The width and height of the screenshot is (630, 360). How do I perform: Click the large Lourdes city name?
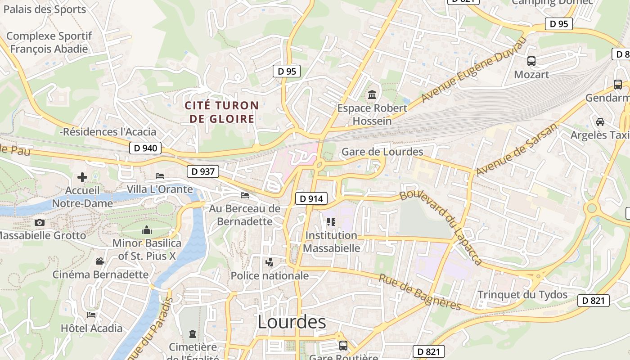tap(292, 322)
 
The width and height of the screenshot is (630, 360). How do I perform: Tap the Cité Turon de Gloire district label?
tap(222, 112)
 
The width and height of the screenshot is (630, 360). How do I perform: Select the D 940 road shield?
tap(145, 148)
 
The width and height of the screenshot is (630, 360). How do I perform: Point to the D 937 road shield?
tap(202, 171)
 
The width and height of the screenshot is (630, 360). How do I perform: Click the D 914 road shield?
tap(311, 198)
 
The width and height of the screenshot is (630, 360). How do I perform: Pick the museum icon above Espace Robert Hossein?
tap(372, 95)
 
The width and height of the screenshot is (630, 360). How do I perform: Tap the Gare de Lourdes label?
tap(382, 152)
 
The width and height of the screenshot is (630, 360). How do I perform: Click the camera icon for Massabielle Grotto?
tap(40, 222)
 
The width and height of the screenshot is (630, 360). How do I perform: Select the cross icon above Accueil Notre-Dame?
tap(82, 177)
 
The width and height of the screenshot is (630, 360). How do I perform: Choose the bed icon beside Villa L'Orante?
tap(160, 175)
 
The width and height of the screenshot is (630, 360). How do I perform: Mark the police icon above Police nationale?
tap(270, 262)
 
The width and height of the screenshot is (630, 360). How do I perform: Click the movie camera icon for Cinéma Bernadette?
tap(100, 261)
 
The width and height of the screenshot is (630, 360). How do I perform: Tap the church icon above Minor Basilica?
tap(147, 230)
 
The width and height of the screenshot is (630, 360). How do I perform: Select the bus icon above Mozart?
tap(531, 61)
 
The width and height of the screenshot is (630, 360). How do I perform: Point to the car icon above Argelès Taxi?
tap(600, 121)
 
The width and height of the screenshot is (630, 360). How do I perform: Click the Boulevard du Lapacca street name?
tap(441, 227)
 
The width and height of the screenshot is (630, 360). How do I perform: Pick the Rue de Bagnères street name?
tap(420, 292)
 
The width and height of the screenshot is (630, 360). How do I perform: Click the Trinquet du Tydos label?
tap(522, 295)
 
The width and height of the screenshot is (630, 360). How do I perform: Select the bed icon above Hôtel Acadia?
tap(91, 315)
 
